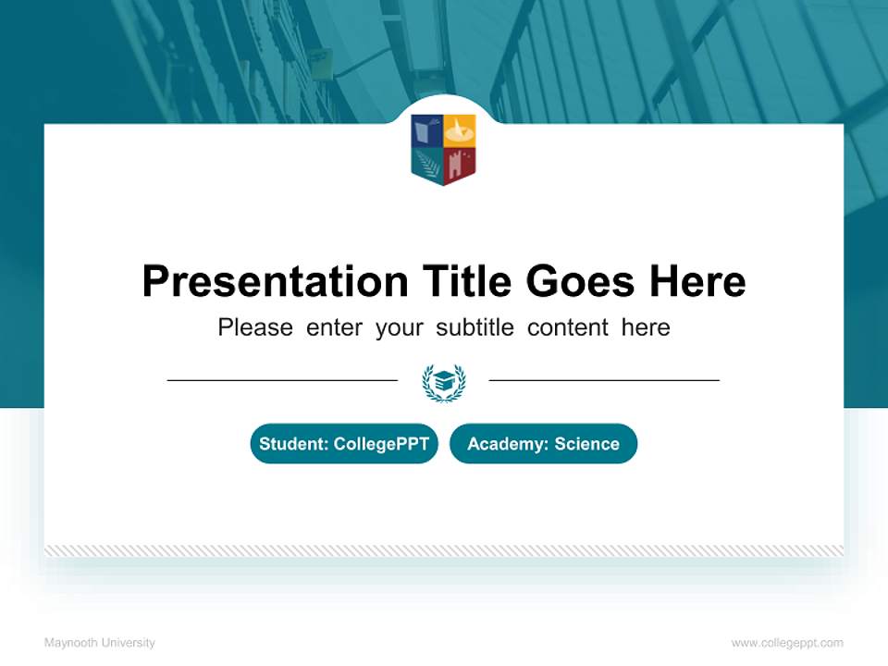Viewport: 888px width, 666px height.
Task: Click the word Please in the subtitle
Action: click(x=255, y=327)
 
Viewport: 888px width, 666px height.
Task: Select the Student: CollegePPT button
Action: click(x=344, y=444)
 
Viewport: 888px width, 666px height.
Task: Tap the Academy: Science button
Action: click(x=543, y=444)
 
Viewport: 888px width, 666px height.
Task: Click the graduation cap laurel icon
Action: click(x=444, y=382)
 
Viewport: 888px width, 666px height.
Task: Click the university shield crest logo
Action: click(x=443, y=149)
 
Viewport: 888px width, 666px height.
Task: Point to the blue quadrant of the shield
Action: click(x=427, y=131)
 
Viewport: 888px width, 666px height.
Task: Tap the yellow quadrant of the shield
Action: click(x=460, y=131)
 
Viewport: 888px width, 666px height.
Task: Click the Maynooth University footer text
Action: click(x=100, y=643)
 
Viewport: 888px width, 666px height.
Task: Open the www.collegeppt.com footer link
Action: click(x=787, y=643)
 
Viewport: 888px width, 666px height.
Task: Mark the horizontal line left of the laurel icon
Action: click(x=282, y=380)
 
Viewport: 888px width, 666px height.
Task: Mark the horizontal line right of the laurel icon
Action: click(x=604, y=380)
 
